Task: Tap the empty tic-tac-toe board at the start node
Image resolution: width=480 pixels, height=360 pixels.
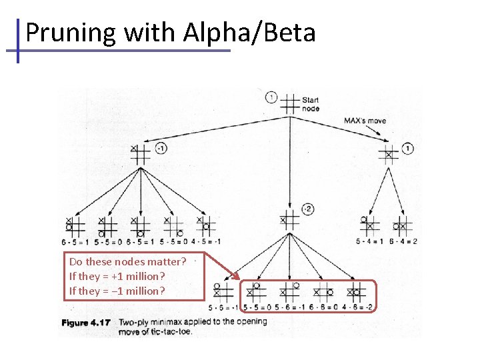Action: point(290,103)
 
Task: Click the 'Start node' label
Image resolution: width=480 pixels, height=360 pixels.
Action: point(311,105)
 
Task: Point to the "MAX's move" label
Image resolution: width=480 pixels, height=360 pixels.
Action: point(365,121)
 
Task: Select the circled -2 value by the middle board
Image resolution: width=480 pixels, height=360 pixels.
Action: point(307,209)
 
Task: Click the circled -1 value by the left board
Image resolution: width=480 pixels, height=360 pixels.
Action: point(161,148)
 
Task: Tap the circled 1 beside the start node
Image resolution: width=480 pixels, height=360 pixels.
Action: point(271,97)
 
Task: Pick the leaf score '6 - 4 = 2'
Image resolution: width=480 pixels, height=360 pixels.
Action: point(405,241)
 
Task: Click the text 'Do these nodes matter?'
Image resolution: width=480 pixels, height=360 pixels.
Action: point(127,261)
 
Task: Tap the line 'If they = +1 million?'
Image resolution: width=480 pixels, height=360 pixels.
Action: point(117,276)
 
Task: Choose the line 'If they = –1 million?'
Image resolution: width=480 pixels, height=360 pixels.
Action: point(117,291)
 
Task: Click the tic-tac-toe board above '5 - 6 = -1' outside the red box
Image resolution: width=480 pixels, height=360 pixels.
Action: point(222,291)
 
